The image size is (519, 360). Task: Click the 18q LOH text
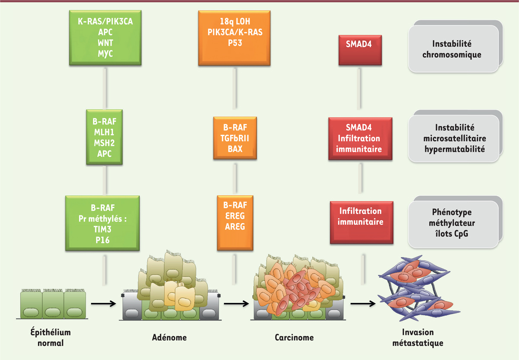point(235,22)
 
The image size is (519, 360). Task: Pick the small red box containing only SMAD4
point(360,44)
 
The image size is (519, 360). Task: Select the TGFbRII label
point(235,138)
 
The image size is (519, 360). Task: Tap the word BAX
point(235,149)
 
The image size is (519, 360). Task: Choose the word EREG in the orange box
point(235,215)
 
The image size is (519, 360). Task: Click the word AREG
point(235,226)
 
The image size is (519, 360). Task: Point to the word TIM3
point(103,229)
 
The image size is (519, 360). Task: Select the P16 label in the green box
point(103,239)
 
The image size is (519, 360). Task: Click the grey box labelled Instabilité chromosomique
point(452,49)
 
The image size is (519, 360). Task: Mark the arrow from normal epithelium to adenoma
point(103,304)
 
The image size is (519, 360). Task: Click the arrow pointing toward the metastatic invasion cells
point(362,304)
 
